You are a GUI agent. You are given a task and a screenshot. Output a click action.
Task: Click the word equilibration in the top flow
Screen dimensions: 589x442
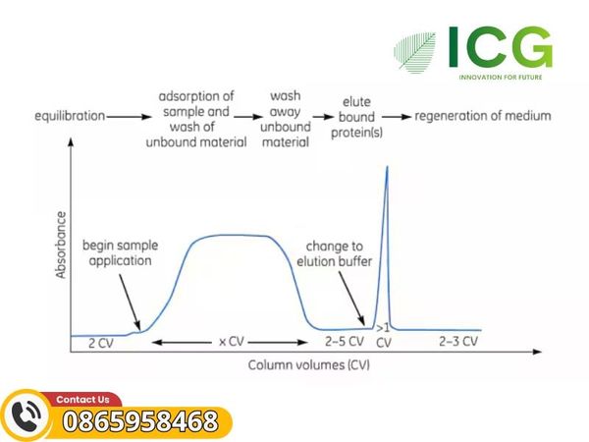click(70, 116)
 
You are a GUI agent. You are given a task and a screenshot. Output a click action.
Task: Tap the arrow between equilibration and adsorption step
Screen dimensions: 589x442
click(129, 117)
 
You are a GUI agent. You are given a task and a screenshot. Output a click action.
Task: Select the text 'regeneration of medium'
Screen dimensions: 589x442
click(483, 116)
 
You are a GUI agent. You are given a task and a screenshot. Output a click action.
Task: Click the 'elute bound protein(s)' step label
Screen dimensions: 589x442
click(356, 117)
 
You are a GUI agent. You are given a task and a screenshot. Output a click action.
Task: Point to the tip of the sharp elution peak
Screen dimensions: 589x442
click(388, 166)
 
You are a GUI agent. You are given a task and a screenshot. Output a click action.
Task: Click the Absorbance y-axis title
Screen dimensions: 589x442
click(61, 245)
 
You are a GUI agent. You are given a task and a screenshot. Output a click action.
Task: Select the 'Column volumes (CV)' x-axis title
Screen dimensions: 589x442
click(309, 365)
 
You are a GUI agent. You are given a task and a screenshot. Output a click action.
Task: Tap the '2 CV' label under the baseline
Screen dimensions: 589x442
click(101, 343)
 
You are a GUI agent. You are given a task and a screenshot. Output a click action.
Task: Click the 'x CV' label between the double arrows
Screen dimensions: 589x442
click(232, 342)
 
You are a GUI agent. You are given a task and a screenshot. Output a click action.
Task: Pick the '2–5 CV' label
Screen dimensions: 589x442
click(345, 341)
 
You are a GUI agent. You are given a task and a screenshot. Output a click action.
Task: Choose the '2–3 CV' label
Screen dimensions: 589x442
click(458, 341)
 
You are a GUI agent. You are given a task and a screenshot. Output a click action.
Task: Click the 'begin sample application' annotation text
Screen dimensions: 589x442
click(120, 253)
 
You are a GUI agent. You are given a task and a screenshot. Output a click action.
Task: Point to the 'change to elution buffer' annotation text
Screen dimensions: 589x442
click(335, 253)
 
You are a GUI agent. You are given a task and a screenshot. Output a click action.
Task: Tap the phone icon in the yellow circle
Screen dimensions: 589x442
click(27, 414)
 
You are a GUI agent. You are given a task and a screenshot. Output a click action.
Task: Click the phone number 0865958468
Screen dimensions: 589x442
click(140, 421)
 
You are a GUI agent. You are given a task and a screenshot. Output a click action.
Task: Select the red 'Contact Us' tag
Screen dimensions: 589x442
click(82, 399)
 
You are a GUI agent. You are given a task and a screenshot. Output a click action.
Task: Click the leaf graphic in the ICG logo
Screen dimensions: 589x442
click(414, 52)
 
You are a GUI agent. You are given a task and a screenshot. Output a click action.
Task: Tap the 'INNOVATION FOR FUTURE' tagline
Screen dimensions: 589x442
click(501, 78)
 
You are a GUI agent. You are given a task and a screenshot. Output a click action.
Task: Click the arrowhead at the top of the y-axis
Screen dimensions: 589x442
click(71, 142)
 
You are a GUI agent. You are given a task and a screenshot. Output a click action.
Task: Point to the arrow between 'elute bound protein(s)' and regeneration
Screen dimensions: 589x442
click(397, 117)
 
